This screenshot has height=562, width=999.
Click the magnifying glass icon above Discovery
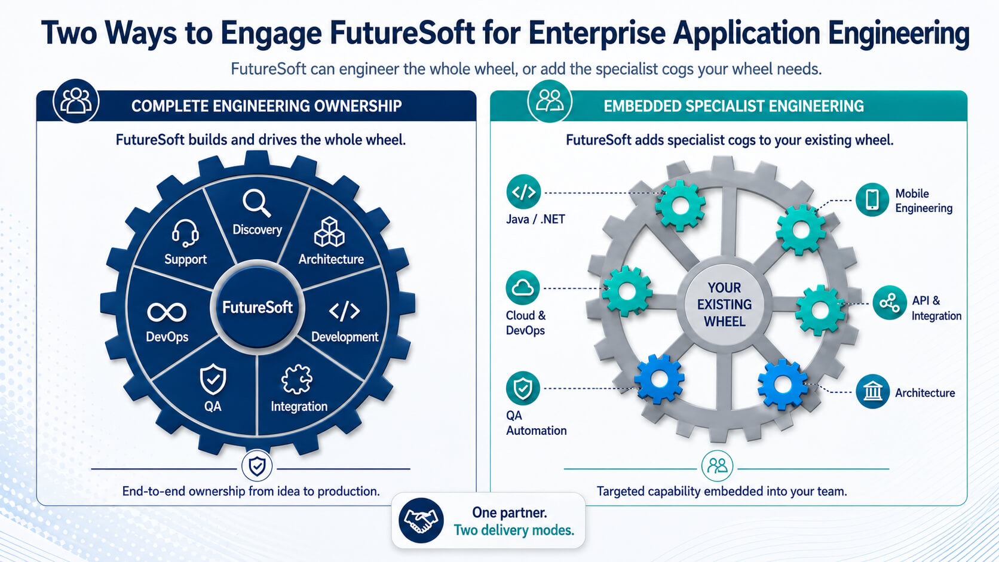tap(257, 203)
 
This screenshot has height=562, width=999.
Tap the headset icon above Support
tap(185, 233)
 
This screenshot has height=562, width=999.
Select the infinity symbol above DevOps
tap(167, 312)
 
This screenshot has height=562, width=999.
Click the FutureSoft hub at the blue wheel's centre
tap(258, 307)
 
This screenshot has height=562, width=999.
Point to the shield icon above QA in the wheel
tap(213, 379)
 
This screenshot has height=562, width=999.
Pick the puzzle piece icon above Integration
tap(297, 380)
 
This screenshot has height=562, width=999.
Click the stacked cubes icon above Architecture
tap(329, 232)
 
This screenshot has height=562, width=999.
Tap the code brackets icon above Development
tap(344, 311)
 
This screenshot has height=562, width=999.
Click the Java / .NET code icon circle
tap(523, 192)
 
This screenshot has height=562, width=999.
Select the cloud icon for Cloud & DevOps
tap(523, 288)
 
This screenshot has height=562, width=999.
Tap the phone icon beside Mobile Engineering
tap(872, 199)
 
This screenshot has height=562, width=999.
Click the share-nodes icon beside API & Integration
tap(889, 303)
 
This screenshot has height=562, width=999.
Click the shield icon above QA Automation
tap(523, 388)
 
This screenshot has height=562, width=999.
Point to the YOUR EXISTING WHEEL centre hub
tap(724, 305)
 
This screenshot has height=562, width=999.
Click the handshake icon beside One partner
tap(421, 521)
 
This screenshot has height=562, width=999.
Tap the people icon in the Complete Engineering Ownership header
tap(76, 101)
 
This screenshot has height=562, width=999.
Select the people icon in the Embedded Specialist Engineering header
tap(550, 101)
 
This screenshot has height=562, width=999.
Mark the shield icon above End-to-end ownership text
tap(257, 466)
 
